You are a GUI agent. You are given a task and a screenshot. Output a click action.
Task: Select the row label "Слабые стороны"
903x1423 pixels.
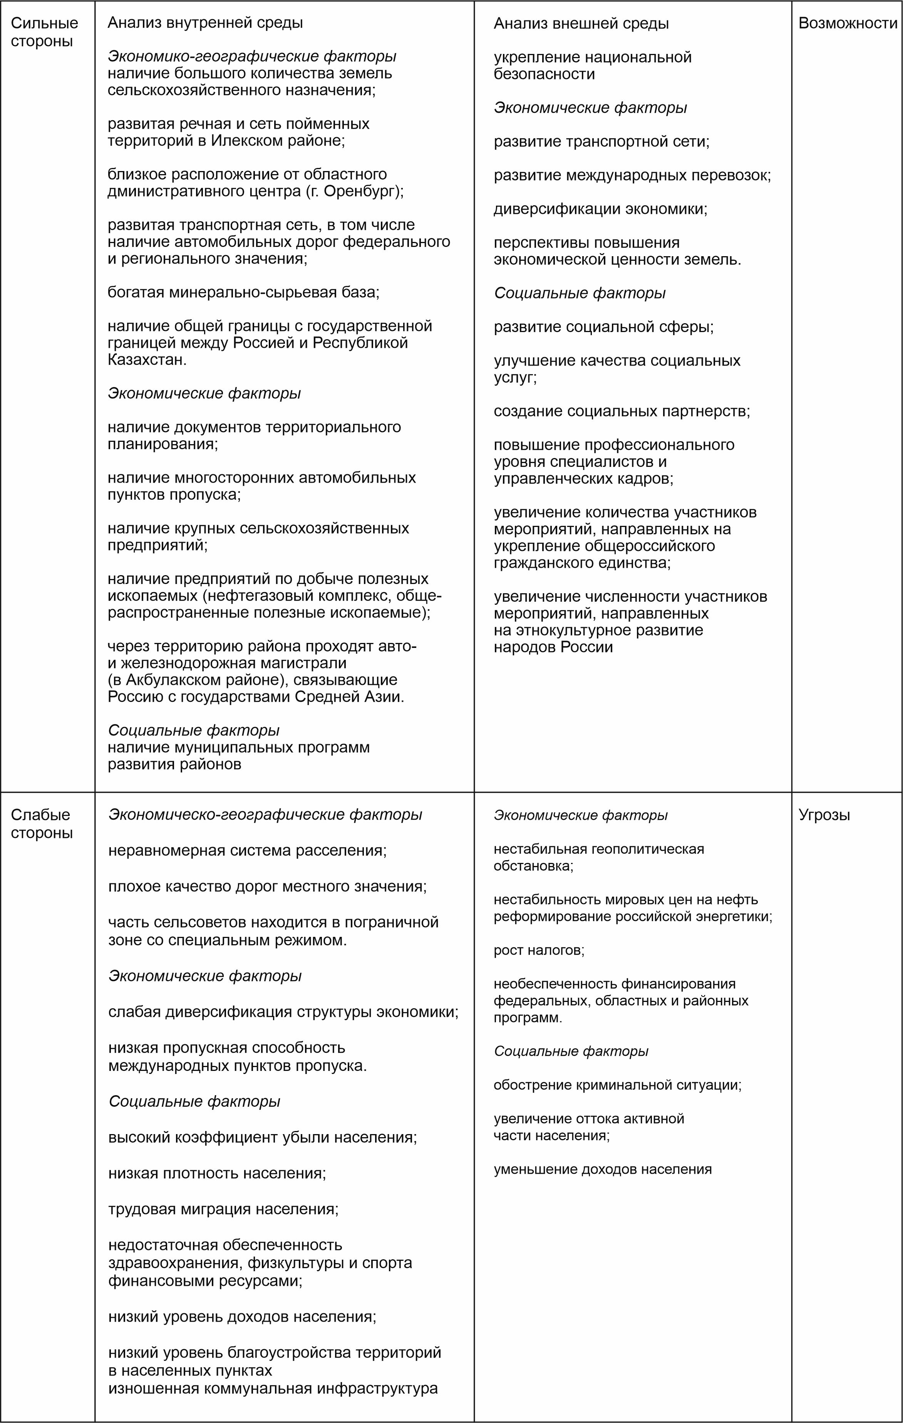point(41,823)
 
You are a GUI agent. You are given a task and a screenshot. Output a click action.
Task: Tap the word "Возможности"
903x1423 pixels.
point(848,23)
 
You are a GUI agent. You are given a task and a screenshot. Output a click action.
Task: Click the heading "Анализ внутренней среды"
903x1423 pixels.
point(205,23)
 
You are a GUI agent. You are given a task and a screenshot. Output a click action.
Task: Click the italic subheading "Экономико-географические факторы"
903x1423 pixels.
point(251,56)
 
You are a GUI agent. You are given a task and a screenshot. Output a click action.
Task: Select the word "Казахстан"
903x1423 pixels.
point(146,360)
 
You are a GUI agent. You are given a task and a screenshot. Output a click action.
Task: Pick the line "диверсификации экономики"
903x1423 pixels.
point(600,209)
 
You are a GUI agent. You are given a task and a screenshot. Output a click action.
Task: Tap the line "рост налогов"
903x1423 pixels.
point(539,950)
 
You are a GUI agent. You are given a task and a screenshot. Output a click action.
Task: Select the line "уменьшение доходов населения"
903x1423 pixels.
point(602,1169)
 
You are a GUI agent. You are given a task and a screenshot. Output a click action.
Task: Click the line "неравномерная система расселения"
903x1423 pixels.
point(247,851)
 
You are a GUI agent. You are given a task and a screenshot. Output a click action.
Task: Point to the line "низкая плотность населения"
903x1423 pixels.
point(217,1173)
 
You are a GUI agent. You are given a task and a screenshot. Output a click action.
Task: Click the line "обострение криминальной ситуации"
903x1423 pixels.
point(617,1085)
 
